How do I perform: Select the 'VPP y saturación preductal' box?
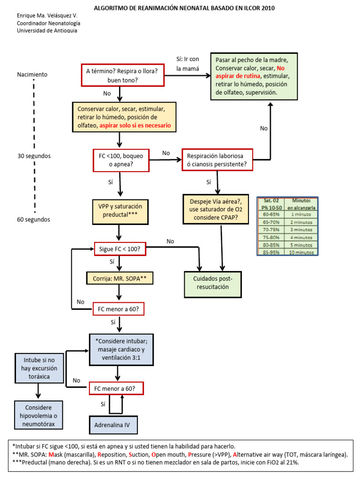click(120, 210)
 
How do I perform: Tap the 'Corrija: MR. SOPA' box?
click(120, 278)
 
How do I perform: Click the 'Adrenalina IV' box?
click(113, 426)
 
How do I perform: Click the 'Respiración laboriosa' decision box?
click(218, 160)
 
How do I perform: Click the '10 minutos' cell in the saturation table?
click(301, 252)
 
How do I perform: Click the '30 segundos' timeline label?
click(33, 156)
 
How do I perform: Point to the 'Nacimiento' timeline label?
click(32, 74)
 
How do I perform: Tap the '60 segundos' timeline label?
click(33, 219)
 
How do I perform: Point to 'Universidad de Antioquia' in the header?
click(47, 30)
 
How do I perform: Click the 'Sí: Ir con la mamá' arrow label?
click(187, 64)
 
